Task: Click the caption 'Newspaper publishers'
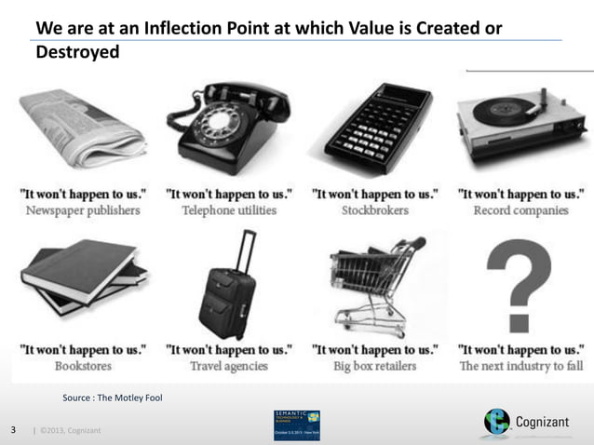point(81,210)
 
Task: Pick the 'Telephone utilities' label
point(228,210)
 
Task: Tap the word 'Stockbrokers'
point(375,210)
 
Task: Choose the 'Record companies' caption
point(520,210)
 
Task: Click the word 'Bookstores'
point(81,366)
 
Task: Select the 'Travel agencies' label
point(228,366)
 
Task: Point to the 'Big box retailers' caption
point(375,366)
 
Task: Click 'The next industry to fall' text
point(520,366)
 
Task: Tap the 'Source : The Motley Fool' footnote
point(112,398)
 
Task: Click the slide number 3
point(13,430)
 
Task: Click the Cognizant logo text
point(548,424)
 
